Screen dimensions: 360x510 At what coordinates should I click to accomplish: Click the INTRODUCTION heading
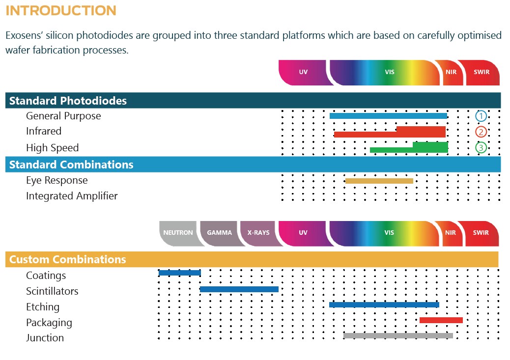pyautogui.click(x=61, y=10)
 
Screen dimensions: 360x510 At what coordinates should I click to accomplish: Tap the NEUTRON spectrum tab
pyautogui.click(x=178, y=232)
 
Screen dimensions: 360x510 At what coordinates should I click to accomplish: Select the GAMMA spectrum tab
pyautogui.click(x=219, y=232)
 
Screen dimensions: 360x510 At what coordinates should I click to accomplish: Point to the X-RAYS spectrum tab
pyautogui.click(x=258, y=232)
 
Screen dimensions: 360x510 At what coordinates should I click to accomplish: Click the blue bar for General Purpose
pyautogui.click(x=388, y=116)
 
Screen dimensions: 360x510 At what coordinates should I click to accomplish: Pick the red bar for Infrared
pyautogui.click(x=420, y=132)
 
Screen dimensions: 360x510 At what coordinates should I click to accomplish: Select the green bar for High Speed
pyautogui.click(x=430, y=147)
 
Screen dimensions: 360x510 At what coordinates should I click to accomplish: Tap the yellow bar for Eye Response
pyautogui.click(x=379, y=181)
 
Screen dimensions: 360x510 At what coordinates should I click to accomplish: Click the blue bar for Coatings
pyautogui.click(x=179, y=273)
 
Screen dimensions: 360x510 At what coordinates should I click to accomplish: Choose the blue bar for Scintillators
pyautogui.click(x=239, y=289)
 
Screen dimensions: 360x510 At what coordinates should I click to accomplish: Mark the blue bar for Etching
pyautogui.click(x=384, y=305)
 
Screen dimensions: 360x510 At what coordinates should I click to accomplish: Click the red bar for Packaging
pyautogui.click(x=441, y=320)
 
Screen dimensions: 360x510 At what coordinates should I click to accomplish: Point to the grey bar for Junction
pyautogui.click(x=398, y=336)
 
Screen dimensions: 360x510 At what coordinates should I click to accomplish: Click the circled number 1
pyautogui.click(x=481, y=116)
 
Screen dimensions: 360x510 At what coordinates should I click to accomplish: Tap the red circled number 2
pyautogui.click(x=481, y=132)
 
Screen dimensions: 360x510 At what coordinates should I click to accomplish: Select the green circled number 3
pyautogui.click(x=481, y=147)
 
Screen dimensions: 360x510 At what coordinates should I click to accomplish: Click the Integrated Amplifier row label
pyautogui.click(x=72, y=196)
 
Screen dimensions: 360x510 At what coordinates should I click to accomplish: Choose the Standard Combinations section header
pyautogui.click(x=71, y=165)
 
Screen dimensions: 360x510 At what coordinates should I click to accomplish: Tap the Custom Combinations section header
pyautogui.click(x=68, y=259)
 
